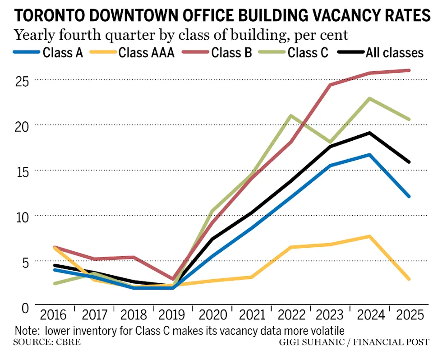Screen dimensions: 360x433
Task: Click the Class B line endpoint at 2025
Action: click(409, 70)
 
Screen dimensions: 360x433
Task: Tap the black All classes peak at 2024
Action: click(370, 133)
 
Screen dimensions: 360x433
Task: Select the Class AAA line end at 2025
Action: click(409, 279)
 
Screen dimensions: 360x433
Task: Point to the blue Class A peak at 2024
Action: click(370, 155)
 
